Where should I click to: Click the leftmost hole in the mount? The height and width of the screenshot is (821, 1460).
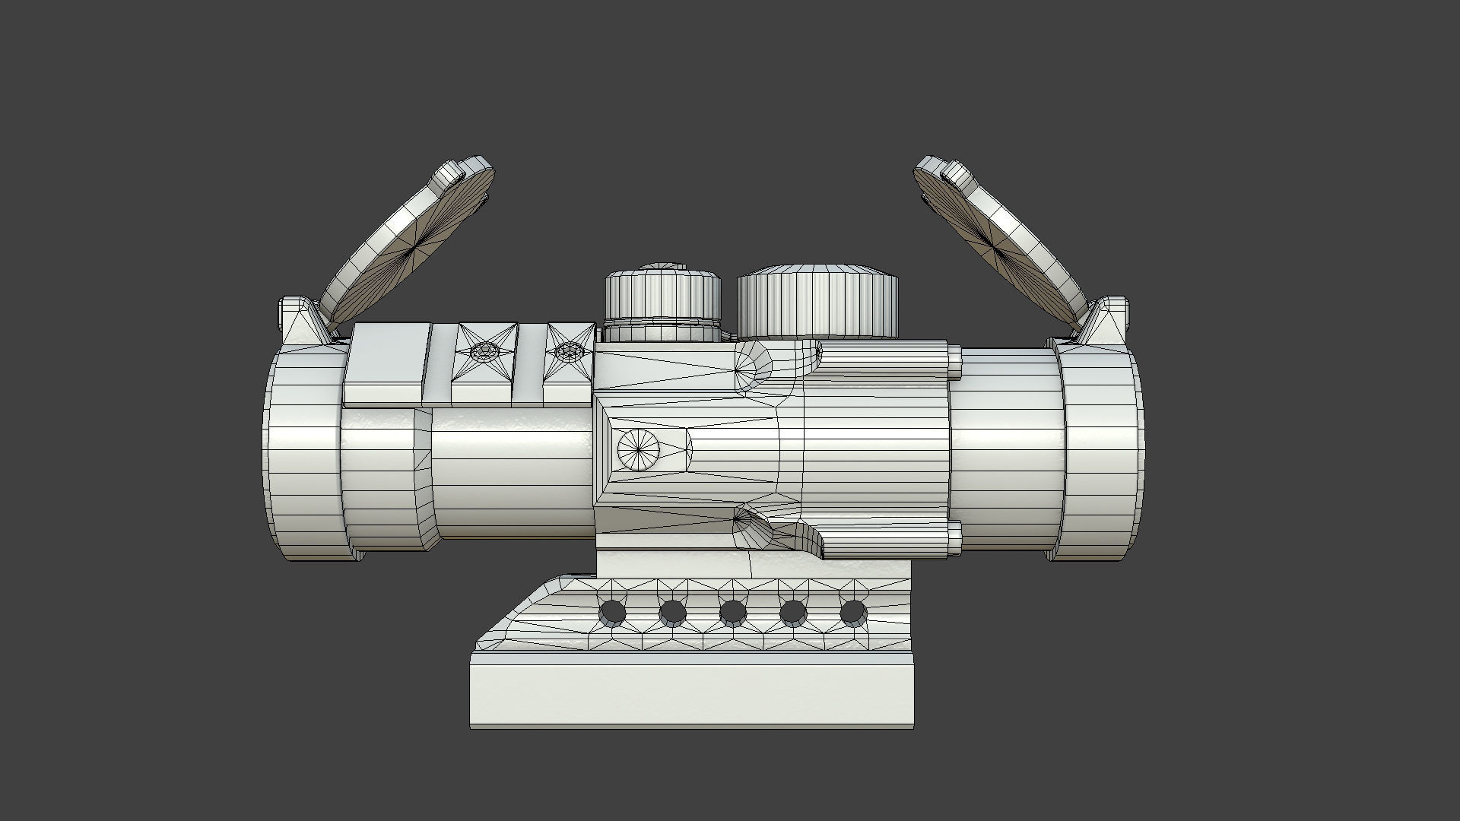point(612,612)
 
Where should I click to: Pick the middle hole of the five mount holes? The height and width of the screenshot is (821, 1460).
point(732,612)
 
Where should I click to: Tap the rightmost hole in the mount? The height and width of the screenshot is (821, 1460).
point(853,612)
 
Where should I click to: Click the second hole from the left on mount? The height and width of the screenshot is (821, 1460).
point(672,612)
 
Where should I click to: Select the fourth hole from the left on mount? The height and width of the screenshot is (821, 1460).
point(793,612)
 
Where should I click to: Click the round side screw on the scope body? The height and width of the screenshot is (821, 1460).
point(638,449)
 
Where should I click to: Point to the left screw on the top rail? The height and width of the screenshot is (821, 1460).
point(484,352)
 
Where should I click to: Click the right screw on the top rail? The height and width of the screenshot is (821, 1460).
point(568,352)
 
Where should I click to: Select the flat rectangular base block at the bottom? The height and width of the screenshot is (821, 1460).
point(692,696)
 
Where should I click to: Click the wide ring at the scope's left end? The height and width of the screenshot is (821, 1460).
point(304,456)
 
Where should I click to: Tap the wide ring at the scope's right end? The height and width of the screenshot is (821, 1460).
point(1101,456)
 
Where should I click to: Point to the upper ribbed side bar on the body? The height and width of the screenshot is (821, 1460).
point(886,361)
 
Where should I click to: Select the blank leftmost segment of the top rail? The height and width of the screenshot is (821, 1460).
point(386,363)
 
